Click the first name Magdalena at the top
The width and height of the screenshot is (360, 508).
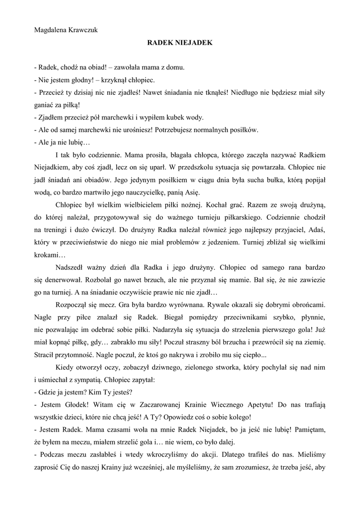50,30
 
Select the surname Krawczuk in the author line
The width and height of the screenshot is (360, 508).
83,30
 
